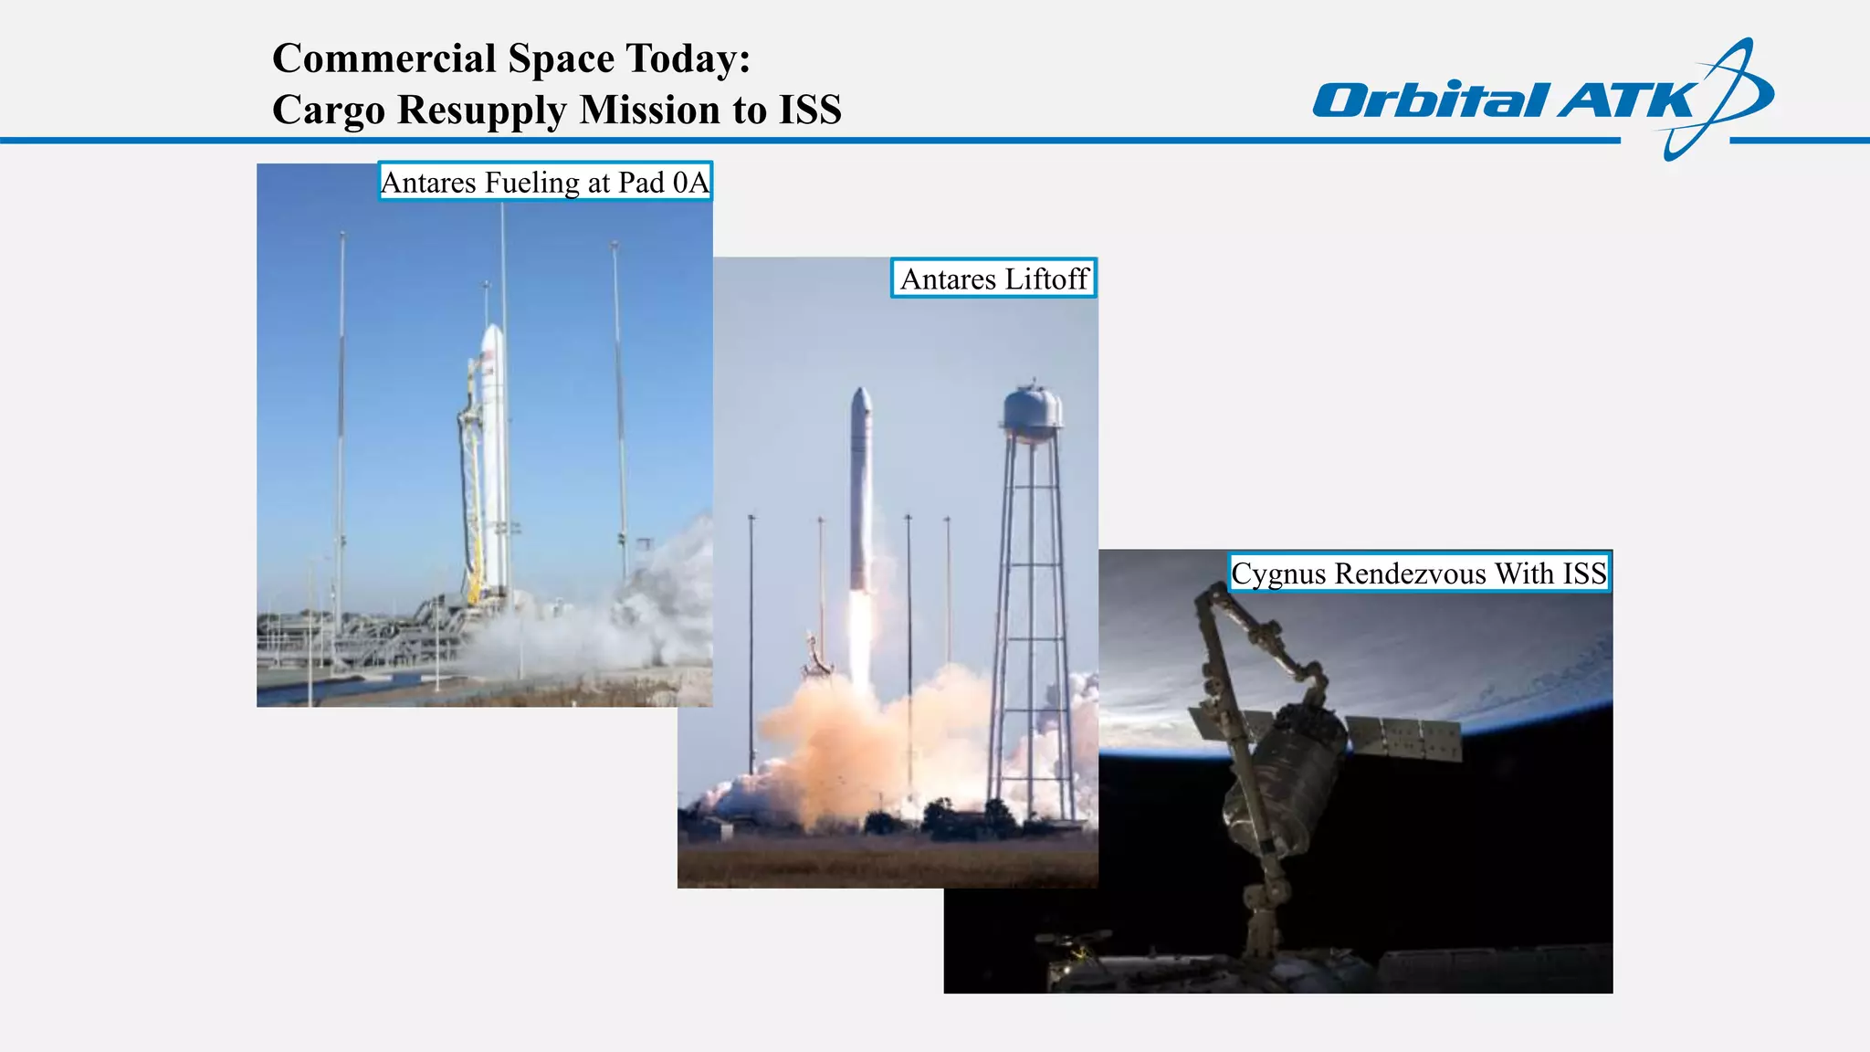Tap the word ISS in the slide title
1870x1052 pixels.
[809, 110]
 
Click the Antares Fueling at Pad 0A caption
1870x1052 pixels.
[545, 182]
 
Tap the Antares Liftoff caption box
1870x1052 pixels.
[993, 279]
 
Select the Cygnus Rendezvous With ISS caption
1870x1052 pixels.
[1418, 573]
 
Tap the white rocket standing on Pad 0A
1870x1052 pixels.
[493, 457]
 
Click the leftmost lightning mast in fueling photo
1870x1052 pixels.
[341, 411]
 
